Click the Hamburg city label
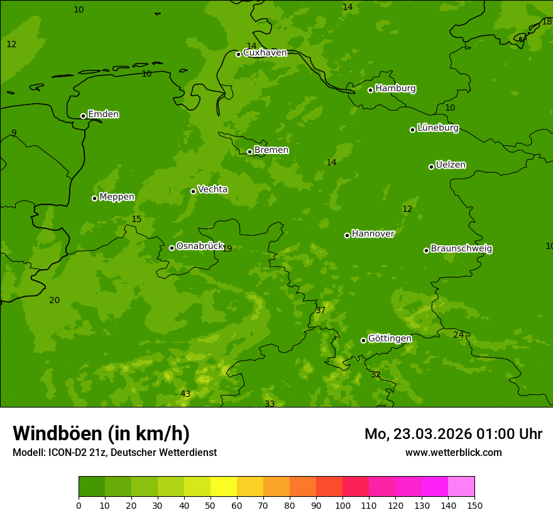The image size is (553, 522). click(395, 89)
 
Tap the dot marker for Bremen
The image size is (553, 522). click(249, 152)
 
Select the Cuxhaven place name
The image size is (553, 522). click(265, 53)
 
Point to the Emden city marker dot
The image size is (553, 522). click(83, 116)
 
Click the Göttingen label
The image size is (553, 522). click(390, 338)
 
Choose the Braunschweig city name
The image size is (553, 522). click(461, 248)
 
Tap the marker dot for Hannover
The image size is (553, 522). click(347, 235)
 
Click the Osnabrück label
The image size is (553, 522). click(200, 246)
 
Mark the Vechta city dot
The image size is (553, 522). click(193, 191)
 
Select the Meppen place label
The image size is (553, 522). click(117, 197)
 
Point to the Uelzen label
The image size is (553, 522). click(451, 165)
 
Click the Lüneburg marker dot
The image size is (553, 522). click(412, 130)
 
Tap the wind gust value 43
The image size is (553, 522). click(185, 394)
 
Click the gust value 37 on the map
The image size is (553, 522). click(320, 311)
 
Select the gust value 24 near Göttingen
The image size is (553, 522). click(458, 335)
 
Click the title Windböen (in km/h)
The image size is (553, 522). click(101, 433)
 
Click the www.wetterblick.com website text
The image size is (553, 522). click(453, 453)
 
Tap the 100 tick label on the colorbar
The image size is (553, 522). click(342, 506)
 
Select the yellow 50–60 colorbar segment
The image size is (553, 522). click(224, 487)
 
